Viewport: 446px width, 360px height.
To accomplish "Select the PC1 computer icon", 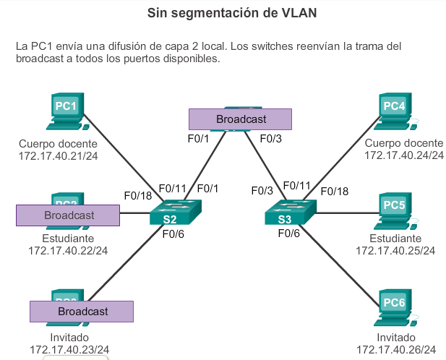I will click(x=64, y=109).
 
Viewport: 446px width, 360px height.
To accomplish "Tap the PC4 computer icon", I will click(x=395, y=109).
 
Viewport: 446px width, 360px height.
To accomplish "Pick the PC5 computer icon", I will click(x=395, y=208).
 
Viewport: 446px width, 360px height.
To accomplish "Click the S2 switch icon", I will click(x=170, y=214).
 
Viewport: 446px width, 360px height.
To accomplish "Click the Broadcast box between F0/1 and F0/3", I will click(x=240, y=119).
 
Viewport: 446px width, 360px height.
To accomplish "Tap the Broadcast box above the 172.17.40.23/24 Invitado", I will click(x=82, y=311).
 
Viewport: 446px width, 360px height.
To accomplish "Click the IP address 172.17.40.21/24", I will click(x=57, y=155).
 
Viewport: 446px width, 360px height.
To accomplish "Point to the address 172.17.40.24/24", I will click(x=403, y=155).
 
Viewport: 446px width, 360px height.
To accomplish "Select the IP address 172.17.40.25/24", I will click(x=395, y=251).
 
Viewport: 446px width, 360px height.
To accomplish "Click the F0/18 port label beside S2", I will click(x=138, y=195).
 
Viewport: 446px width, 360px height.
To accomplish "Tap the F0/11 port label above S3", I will click(x=296, y=186).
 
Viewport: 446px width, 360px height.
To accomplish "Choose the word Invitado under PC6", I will click(x=396, y=337).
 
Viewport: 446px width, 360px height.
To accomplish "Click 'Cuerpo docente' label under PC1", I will click(x=58, y=143).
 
